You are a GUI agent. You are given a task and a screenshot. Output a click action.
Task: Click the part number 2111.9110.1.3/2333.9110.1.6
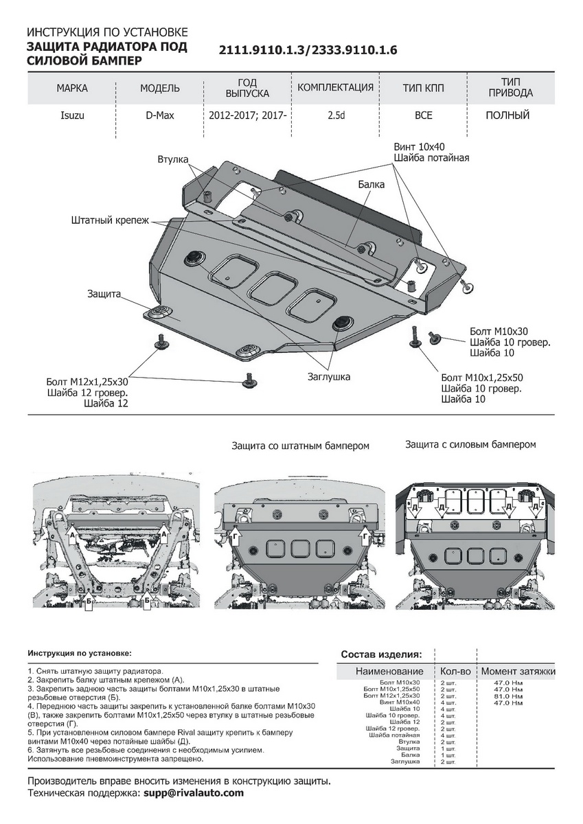coord(308,51)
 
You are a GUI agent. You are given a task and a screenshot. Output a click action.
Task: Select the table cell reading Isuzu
coord(72,115)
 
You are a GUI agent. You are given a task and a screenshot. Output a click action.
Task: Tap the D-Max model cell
coord(159,115)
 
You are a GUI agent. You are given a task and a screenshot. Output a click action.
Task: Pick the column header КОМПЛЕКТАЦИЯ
coord(336,88)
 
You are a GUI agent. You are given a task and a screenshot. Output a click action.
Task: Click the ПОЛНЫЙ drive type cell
coord(507,115)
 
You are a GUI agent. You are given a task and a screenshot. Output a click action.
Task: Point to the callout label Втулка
coord(173,159)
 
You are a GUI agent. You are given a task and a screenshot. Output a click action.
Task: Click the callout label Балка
coord(371,185)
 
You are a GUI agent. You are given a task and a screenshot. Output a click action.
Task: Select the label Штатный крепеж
coord(109,221)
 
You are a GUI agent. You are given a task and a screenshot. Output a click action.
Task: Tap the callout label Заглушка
coord(329,376)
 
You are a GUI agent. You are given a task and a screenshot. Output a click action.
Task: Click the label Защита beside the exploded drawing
coord(104,294)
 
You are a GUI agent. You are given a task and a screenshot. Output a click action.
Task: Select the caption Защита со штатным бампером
coord(301,446)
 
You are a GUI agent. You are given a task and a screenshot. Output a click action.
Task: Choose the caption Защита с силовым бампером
coord(470,444)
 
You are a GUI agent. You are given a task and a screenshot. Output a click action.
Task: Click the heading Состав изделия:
coord(381,654)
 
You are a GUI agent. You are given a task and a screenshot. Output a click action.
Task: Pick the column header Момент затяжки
coord(518,671)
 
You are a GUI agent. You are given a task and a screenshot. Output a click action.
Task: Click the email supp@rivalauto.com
coord(194,793)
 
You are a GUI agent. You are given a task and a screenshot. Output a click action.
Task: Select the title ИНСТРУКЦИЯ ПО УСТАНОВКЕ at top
coord(106,32)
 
